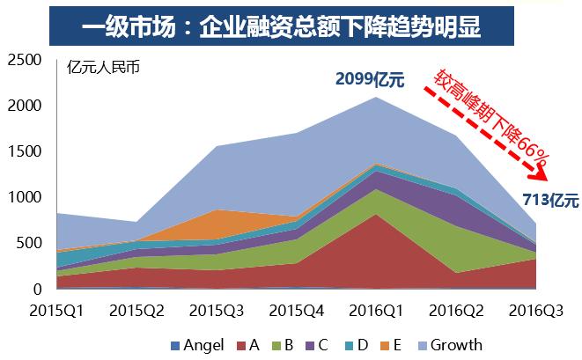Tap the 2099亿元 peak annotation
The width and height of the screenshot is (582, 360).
(369, 80)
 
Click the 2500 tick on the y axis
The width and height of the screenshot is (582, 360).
(24, 60)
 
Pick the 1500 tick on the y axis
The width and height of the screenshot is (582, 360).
(24, 151)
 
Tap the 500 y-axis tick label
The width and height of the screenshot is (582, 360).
(29, 243)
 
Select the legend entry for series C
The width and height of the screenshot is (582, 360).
(321, 345)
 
